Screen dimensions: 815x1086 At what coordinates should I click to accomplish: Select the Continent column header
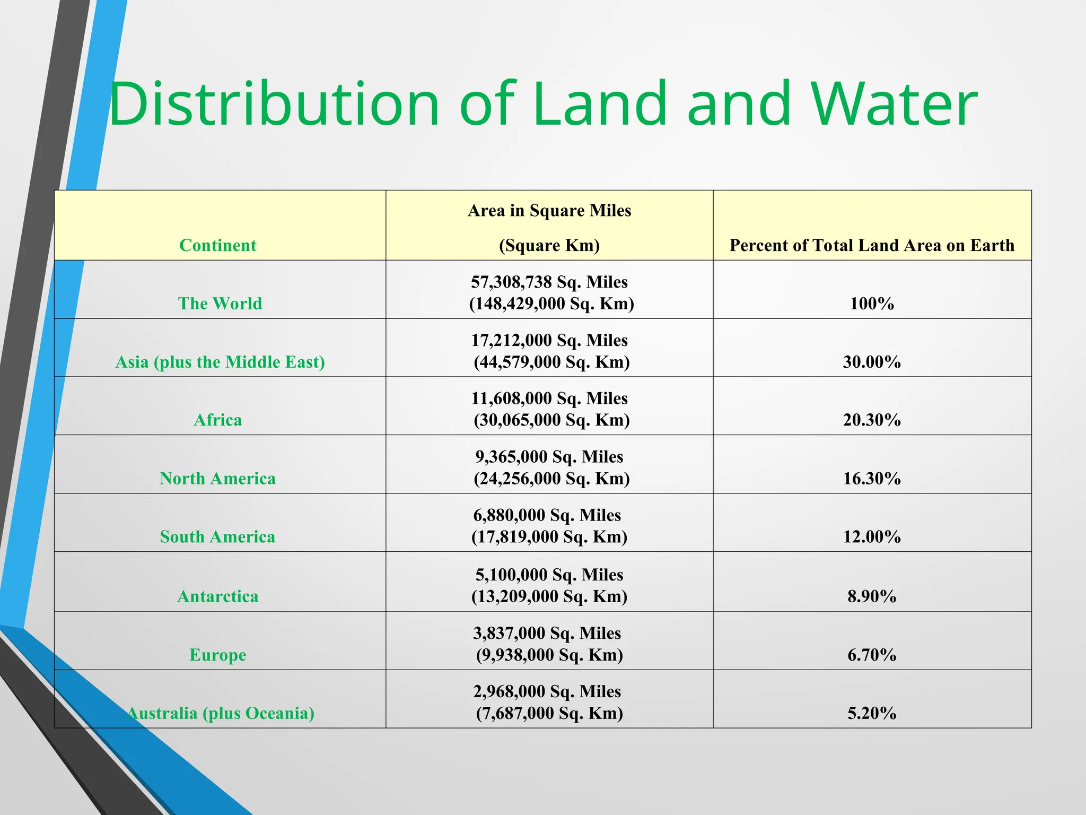point(217,245)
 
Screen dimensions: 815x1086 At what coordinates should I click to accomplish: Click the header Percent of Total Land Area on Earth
point(872,245)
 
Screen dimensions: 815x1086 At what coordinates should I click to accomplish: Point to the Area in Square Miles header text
point(549,211)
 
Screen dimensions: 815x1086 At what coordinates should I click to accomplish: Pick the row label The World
point(220,304)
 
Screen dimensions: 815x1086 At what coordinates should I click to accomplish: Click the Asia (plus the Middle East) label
point(220,362)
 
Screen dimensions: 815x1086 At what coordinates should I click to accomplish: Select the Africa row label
point(217,420)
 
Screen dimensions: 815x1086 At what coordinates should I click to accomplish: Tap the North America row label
point(217,479)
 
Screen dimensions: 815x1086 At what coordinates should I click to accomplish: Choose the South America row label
point(217,537)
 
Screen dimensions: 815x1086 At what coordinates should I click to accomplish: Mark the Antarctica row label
point(217,596)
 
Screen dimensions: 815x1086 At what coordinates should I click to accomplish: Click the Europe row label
point(217,655)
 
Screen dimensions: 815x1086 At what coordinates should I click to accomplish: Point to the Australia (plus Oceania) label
point(221,713)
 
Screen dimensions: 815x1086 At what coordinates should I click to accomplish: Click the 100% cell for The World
point(872,304)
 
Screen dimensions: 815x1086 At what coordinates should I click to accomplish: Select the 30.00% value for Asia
point(872,362)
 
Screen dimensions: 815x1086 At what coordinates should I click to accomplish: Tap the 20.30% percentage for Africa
point(872,420)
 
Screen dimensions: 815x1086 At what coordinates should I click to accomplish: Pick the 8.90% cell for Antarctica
point(872,596)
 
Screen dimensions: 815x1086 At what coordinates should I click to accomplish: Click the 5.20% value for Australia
point(872,713)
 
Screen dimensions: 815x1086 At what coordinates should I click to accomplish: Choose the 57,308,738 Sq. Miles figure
point(549,282)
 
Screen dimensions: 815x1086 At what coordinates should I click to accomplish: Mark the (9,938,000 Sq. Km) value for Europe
point(549,655)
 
